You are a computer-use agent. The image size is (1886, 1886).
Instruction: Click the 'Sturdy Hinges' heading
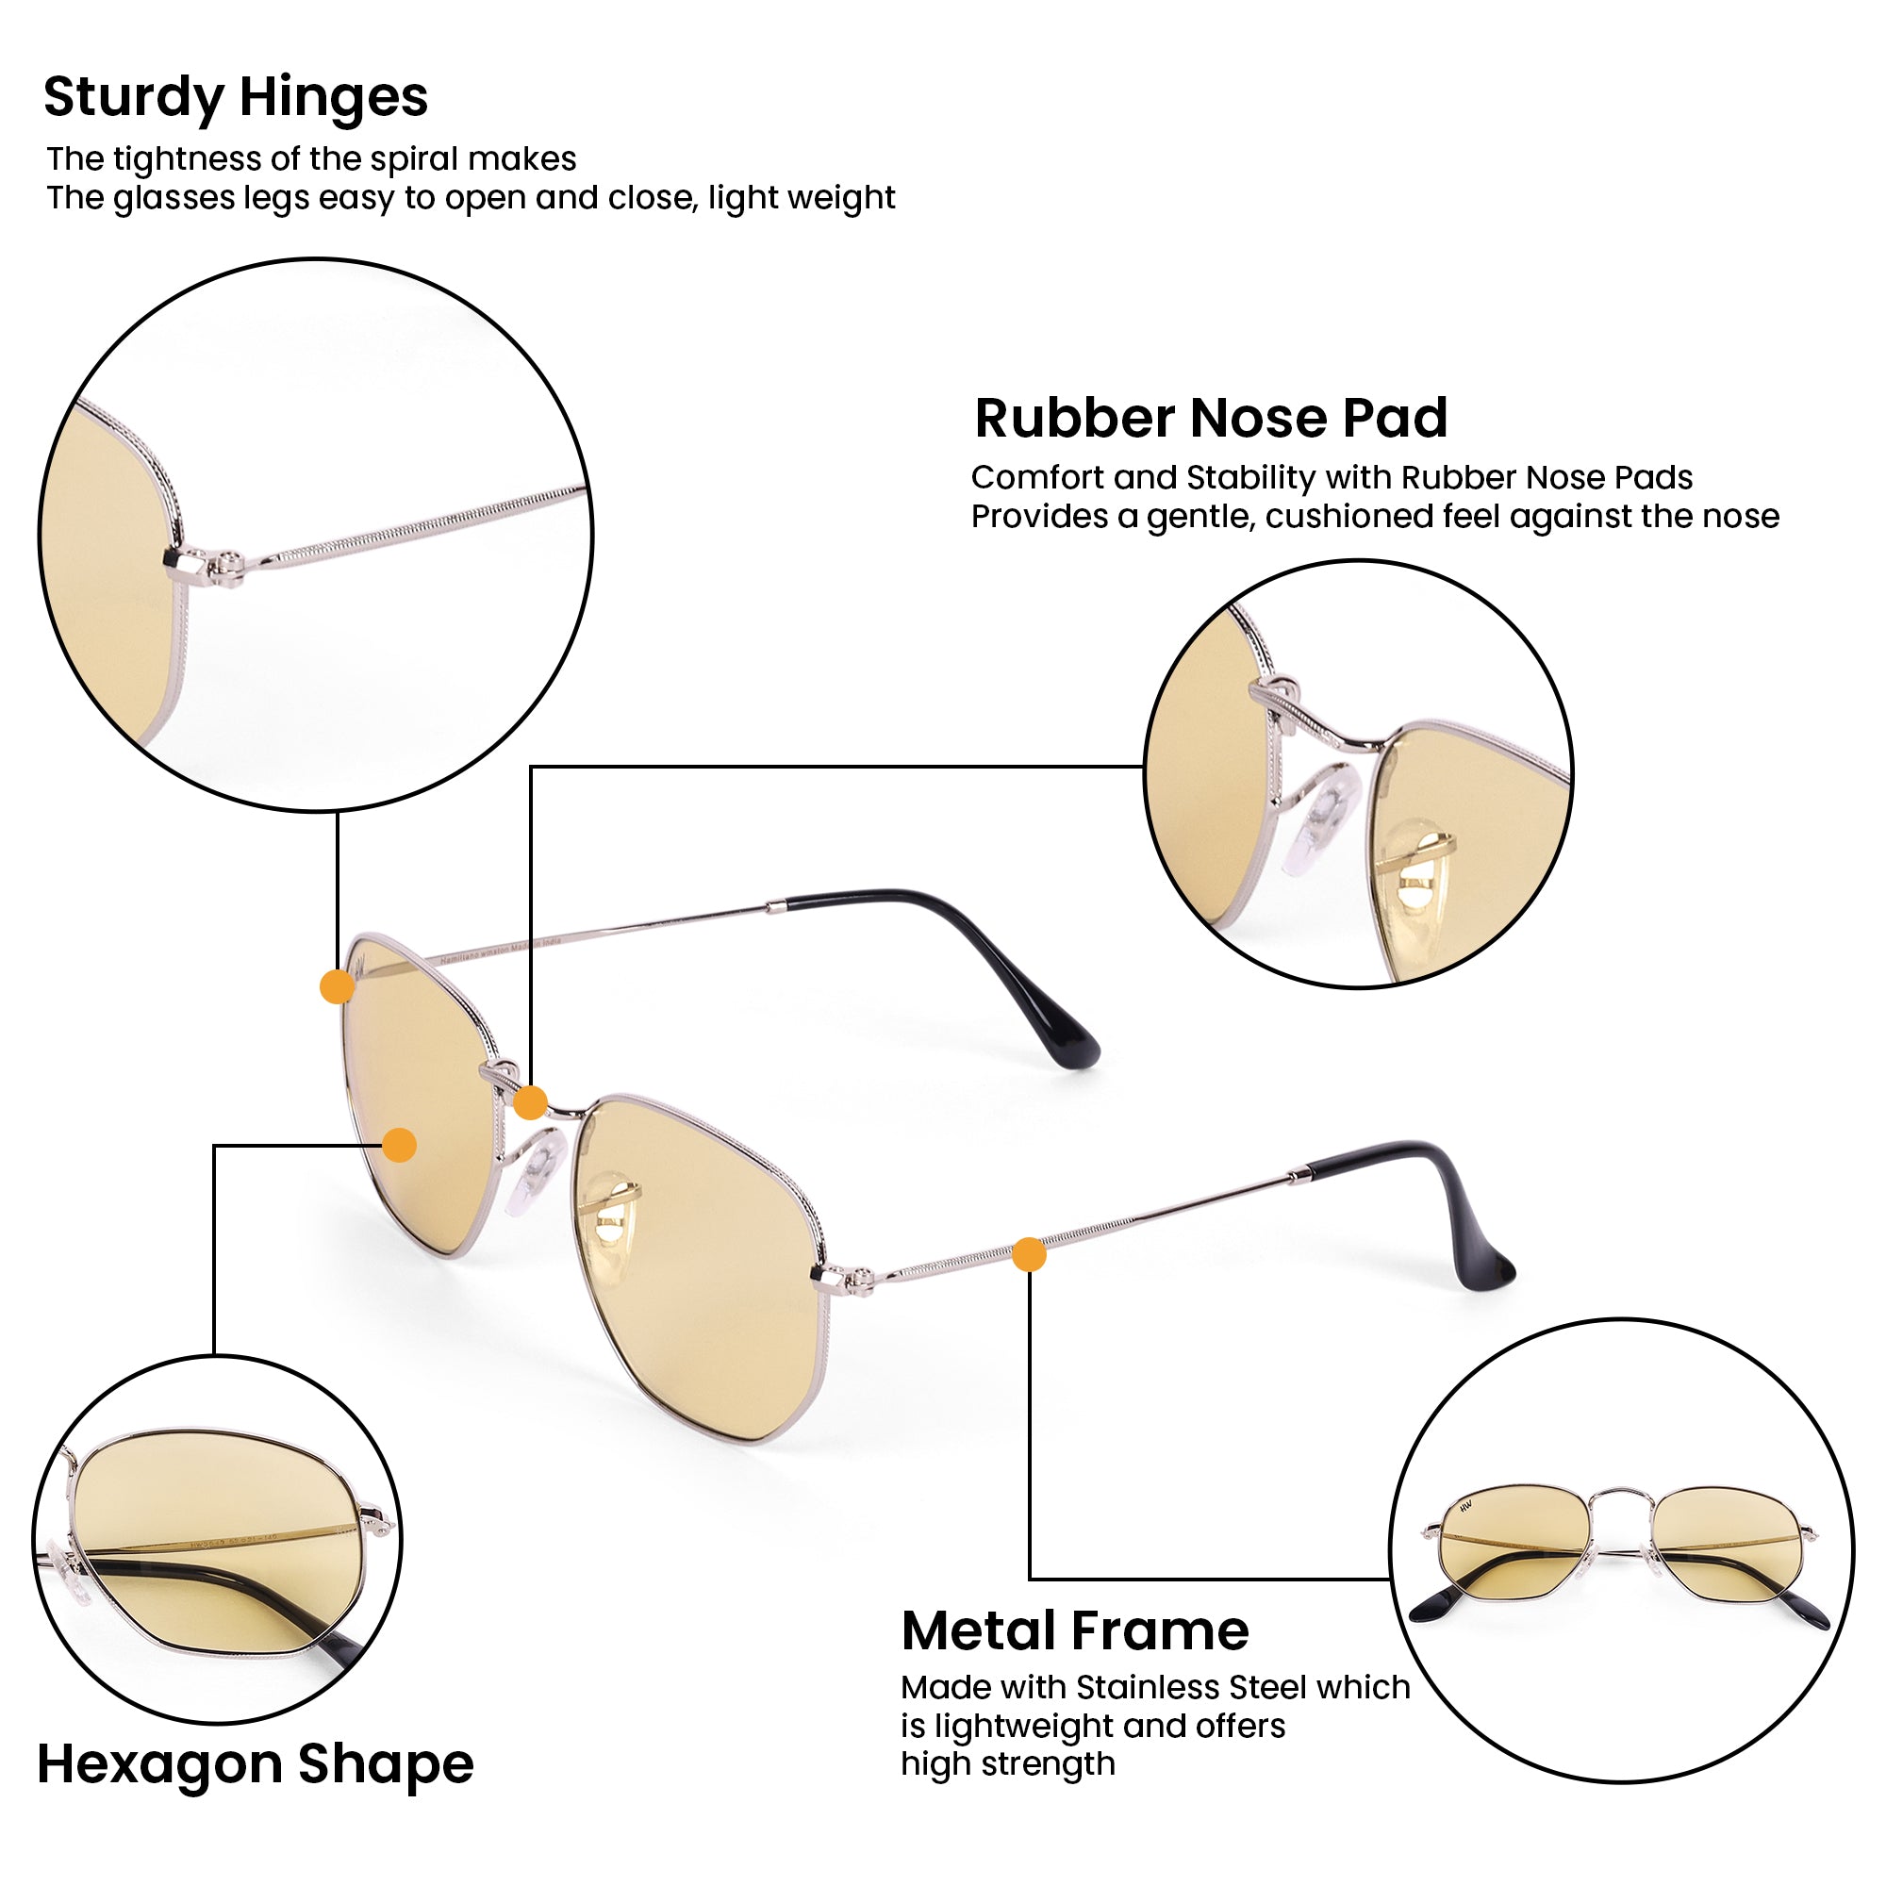pos(235,99)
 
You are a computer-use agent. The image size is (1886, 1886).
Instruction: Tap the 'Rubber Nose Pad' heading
pos(1211,418)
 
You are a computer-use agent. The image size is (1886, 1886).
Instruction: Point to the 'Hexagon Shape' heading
pos(256,1766)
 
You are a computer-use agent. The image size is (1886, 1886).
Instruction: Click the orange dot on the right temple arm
pos(1029,1254)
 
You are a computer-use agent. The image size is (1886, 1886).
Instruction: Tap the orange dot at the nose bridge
pos(530,1103)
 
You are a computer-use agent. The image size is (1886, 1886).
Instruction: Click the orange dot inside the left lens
pos(399,1145)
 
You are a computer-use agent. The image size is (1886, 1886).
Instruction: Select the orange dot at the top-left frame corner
pos(337,987)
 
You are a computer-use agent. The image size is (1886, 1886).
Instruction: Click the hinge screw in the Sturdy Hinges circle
pos(230,562)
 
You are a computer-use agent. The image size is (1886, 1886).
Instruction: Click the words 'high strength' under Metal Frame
pos(1007,1765)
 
